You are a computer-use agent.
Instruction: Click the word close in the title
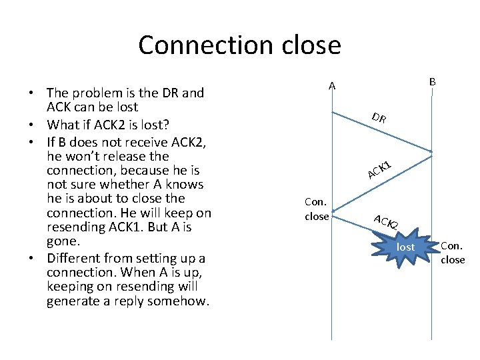[x=309, y=45]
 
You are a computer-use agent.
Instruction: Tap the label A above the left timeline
[x=331, y=85]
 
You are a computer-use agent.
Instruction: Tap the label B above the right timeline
[x=432, y=81]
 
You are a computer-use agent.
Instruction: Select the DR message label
[x=379, y=119]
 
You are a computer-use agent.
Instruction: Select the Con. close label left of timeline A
[x=316, y=209]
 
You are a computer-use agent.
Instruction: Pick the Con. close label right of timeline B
[x=453, y=253]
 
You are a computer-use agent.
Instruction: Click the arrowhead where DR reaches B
[x=430, y=153]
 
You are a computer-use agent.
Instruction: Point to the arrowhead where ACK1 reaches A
[x=334, y=215]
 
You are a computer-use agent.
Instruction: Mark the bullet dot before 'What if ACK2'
[x=33, y=125]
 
